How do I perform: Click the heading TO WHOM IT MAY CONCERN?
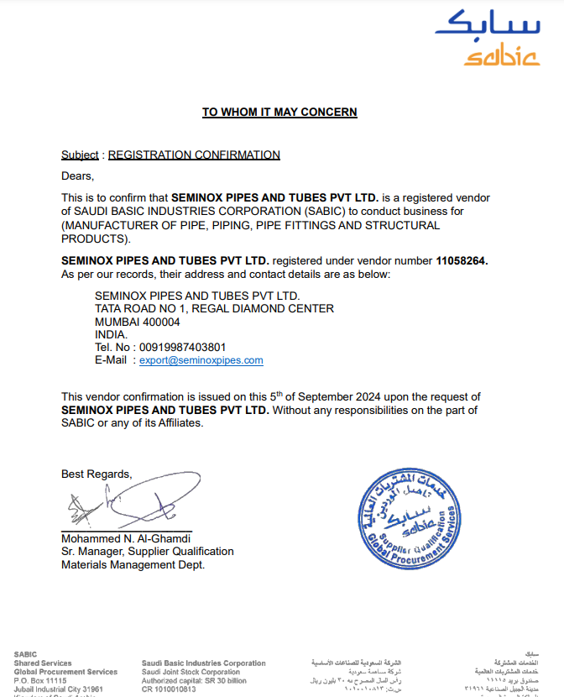click(x=279, y=113)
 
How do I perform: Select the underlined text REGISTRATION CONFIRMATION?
click(x=194, y=155)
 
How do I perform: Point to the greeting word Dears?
click(x=77, y=176)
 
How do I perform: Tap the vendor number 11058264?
click(x=461, y=261)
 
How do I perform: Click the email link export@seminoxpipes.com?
click(x=201, y=360)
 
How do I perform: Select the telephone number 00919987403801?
click(x=183, y=347)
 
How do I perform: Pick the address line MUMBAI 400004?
click(x=138, y=322)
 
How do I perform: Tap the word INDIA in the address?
click(x=110, y=334)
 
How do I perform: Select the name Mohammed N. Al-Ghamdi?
click(x=127, y=538)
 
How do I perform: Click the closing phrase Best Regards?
click(x=97, y=474)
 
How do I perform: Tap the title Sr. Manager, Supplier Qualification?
click(x=148, y=552)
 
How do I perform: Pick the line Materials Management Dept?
click(x=133, y=565)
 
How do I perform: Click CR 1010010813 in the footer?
click(x=169, y=689)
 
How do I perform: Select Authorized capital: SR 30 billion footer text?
click(x=194, y=681)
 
